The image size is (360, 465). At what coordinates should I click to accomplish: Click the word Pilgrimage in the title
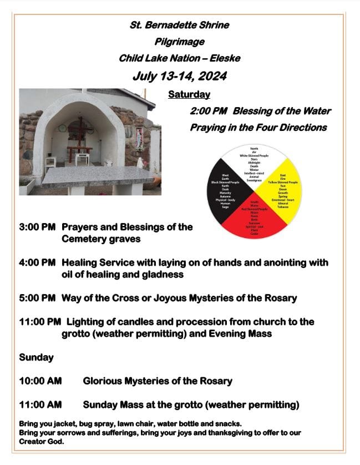pos(179,42)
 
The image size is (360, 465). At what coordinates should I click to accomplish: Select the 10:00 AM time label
pos(40,381)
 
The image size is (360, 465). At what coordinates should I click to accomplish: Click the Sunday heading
pos(36,357)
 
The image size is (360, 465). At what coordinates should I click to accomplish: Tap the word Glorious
pos(103,381)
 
